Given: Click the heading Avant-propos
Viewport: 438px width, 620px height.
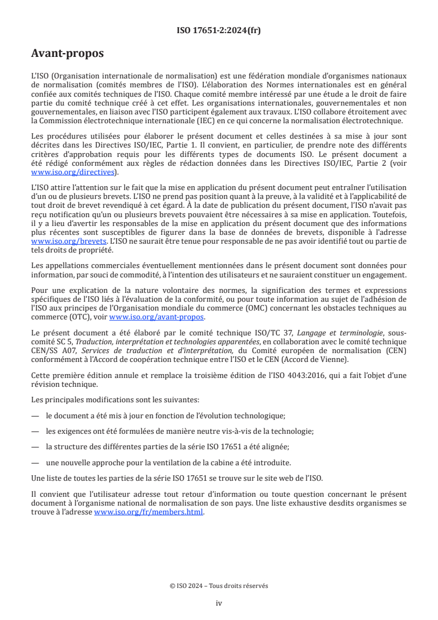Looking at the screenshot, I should click(67, 54).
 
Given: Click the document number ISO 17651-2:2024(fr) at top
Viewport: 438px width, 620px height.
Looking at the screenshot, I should click(219, 30).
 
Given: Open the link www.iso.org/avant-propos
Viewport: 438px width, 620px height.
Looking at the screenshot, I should click(157, 317).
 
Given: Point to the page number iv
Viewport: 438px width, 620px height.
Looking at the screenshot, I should click(219, 603).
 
